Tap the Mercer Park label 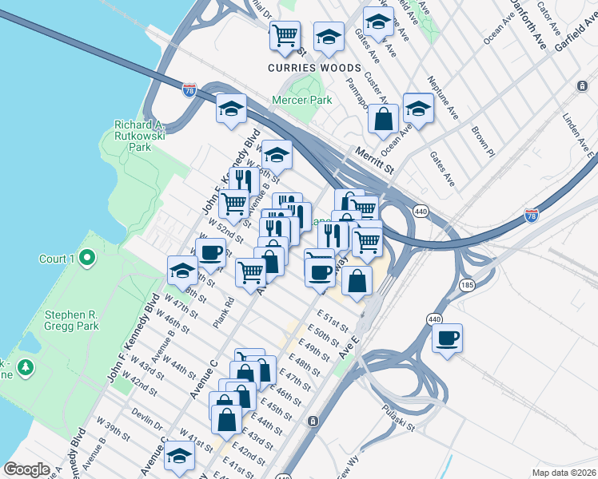(301, 101)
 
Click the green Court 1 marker (89, 259)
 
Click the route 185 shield (468, 285)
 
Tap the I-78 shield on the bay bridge (189, 89)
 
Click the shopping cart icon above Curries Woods (285, 35)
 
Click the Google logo (26, 469)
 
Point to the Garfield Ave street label (572, 34)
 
